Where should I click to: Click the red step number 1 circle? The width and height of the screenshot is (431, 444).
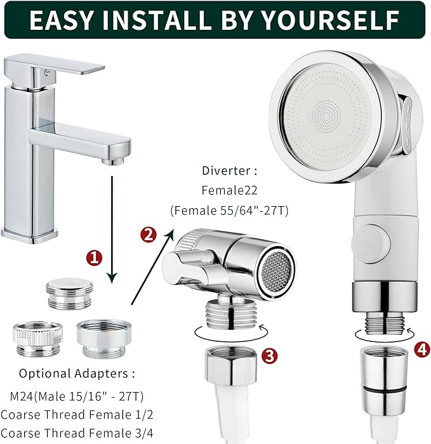coord(94,258)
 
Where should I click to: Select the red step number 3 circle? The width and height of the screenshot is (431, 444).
coord(269,356)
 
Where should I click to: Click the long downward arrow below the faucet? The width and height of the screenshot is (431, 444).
coord(113,228)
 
